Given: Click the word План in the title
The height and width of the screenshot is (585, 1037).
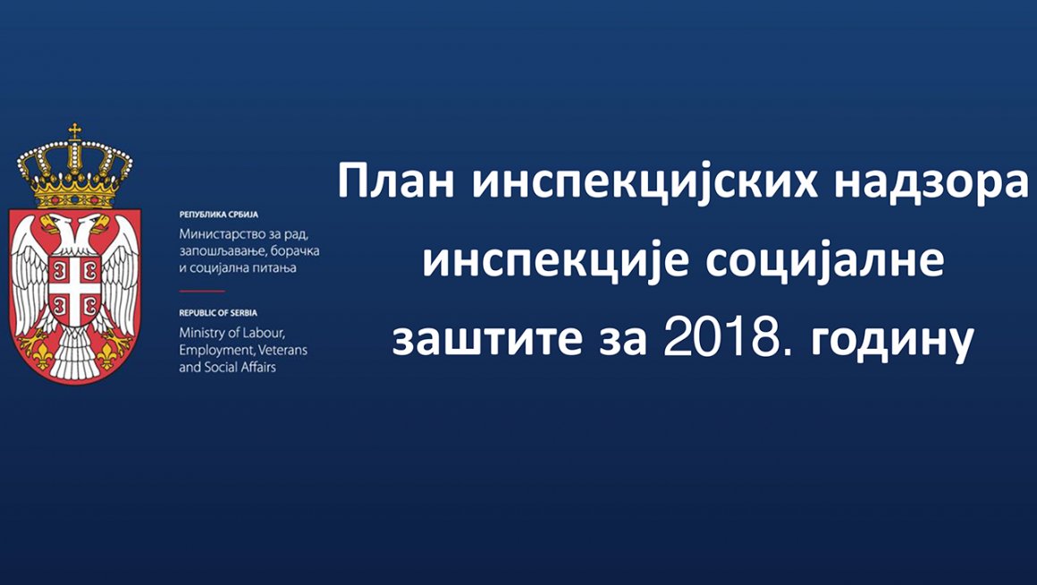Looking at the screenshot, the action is (396, 182).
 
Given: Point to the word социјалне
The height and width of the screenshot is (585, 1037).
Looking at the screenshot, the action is (824, 261).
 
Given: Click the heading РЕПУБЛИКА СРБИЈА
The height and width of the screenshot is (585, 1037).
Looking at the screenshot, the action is (218, 215).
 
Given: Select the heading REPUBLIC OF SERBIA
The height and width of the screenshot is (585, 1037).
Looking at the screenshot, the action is (218, 312).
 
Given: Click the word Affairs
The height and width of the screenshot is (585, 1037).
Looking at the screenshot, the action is (258, 366).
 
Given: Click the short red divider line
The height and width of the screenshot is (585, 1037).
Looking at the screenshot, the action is (202, 292).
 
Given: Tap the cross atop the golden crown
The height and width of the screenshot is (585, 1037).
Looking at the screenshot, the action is (75, 131).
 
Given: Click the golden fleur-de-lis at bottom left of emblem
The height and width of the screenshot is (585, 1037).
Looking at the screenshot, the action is (42, 356).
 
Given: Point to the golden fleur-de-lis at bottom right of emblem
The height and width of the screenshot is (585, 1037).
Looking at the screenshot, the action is (108, 356).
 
